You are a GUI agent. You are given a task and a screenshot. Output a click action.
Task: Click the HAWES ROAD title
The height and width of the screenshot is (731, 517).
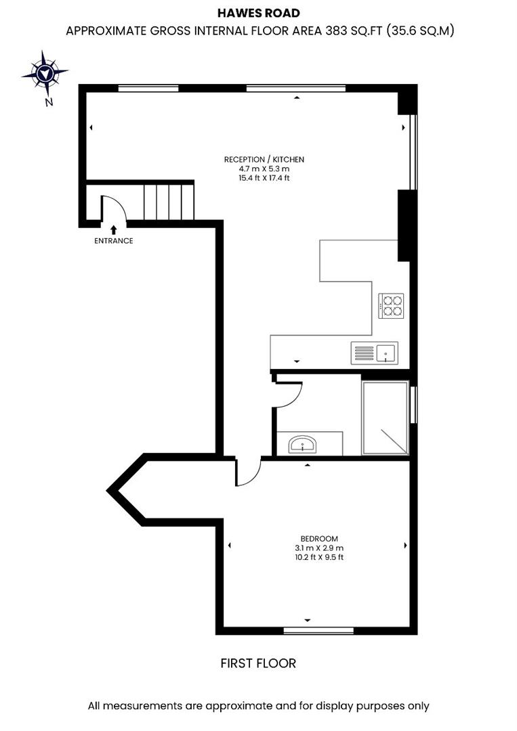pos(258,13)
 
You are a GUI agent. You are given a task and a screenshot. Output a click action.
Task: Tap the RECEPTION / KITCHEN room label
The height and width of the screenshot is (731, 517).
pos(264,159)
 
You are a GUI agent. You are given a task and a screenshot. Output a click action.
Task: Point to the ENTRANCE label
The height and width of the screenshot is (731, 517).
pos(114,241)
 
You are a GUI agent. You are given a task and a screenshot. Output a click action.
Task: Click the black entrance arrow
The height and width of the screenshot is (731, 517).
pos(113,230)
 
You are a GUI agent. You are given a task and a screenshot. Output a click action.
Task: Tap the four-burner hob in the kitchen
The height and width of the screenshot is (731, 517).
pos(391,305)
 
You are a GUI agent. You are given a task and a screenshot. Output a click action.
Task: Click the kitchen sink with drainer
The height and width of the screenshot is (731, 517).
pos(375,353)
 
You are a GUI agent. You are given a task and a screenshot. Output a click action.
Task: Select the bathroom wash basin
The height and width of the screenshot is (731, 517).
pos(302,445)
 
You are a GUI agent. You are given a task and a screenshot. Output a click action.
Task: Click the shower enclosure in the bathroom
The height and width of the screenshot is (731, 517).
pos(386,418)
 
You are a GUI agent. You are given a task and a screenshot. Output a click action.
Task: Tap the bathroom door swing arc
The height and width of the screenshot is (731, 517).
pos(289,393)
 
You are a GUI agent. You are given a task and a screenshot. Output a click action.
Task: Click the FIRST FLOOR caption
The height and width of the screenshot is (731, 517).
pos(258,663)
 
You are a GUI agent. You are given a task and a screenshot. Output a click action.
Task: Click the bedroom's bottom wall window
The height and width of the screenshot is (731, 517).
pos(318,631)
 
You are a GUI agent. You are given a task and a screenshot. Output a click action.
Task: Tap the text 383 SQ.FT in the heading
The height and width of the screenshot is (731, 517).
pos(323,30)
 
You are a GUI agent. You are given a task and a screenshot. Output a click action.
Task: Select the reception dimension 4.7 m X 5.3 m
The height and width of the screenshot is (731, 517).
pos(264,169)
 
